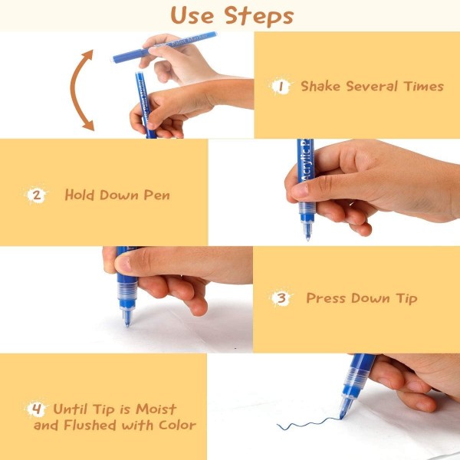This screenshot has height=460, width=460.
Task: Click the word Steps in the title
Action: click(259, 16)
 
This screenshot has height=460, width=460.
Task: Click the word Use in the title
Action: click(192, 15)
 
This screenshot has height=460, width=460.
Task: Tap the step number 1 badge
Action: click(281, 87)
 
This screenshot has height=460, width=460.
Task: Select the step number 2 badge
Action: click(36, 195)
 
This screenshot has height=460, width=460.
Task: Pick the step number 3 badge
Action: click(281, 298)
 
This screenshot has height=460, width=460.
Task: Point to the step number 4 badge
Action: click(36, 409)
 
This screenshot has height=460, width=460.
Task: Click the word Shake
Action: click(320, 86)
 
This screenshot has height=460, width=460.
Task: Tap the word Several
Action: click(372, 86)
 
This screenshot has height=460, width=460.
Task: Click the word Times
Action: click(423, 86)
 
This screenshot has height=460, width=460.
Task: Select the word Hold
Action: click(80, 195)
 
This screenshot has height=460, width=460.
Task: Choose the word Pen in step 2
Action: click(156, 195)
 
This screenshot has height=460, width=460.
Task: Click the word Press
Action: click(327, 298)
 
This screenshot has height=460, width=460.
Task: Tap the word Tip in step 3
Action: click(406, 299)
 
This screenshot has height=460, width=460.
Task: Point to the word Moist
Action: click(156, 409)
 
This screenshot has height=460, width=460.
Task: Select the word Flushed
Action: click(90, 425)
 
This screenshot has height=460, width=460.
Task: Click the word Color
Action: click(177, 425)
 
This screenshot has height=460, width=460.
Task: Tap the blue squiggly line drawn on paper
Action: click(308, 423)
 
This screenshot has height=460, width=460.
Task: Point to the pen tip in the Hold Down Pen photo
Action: click(307, 238)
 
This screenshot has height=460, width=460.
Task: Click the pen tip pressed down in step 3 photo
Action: click(127, 324)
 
